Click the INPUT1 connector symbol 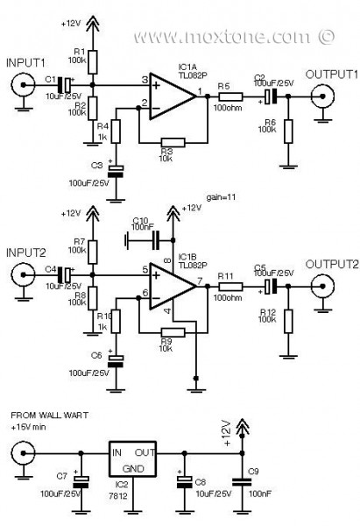click(20, 85)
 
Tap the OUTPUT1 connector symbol click(326, 96)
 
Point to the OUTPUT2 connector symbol click(326, 284)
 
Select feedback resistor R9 click(172, 331)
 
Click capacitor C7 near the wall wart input click(81, 480)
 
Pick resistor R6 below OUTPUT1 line click(286, 131)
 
